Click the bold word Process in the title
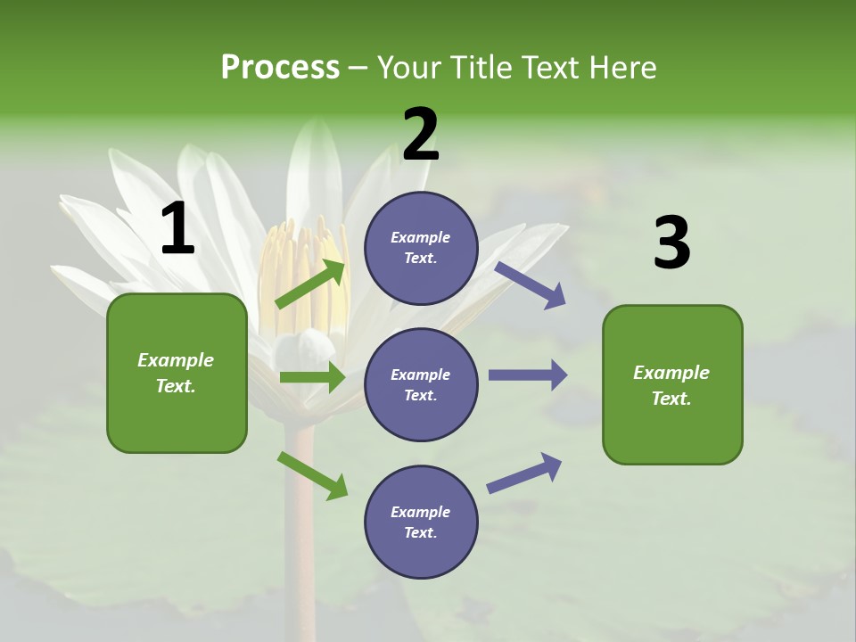point(280,68)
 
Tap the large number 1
point(177,229)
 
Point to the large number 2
point(421,135)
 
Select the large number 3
point(671,243)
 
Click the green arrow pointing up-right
point(311,284)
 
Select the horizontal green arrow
point(312,377)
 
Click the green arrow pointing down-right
point(312,474)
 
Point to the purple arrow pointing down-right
point(531,285)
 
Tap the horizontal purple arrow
point(528,374)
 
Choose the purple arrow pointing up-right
point(524,473)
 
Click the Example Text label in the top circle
point(421,248)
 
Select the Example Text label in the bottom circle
point(421,523)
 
